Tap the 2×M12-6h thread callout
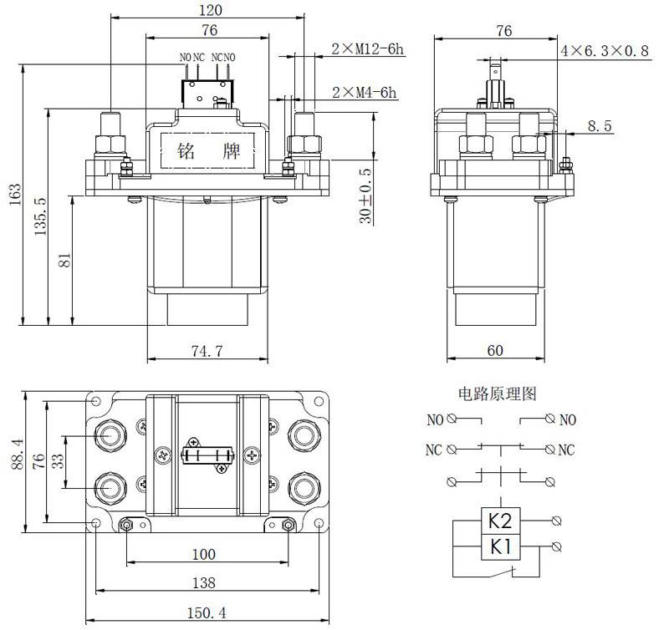click(368, 49)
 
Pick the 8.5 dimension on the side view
click(600, 126)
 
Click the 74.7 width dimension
click(206, 352)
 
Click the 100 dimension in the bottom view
click(203, 554)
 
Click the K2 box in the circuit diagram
click(499, 522)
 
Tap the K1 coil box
click(499, 548)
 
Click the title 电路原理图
click(496, 393)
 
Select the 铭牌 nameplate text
click(208, 153)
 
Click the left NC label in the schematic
click(433, 450)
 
